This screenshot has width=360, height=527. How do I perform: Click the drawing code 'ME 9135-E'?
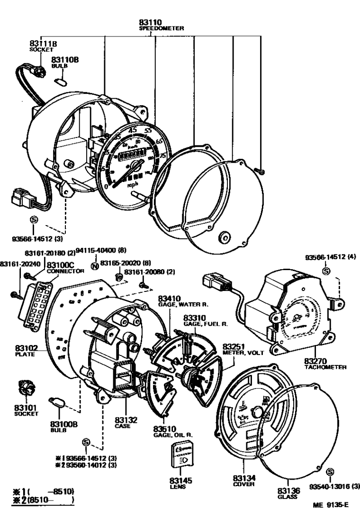pyautogui.click(x=330, y=505)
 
